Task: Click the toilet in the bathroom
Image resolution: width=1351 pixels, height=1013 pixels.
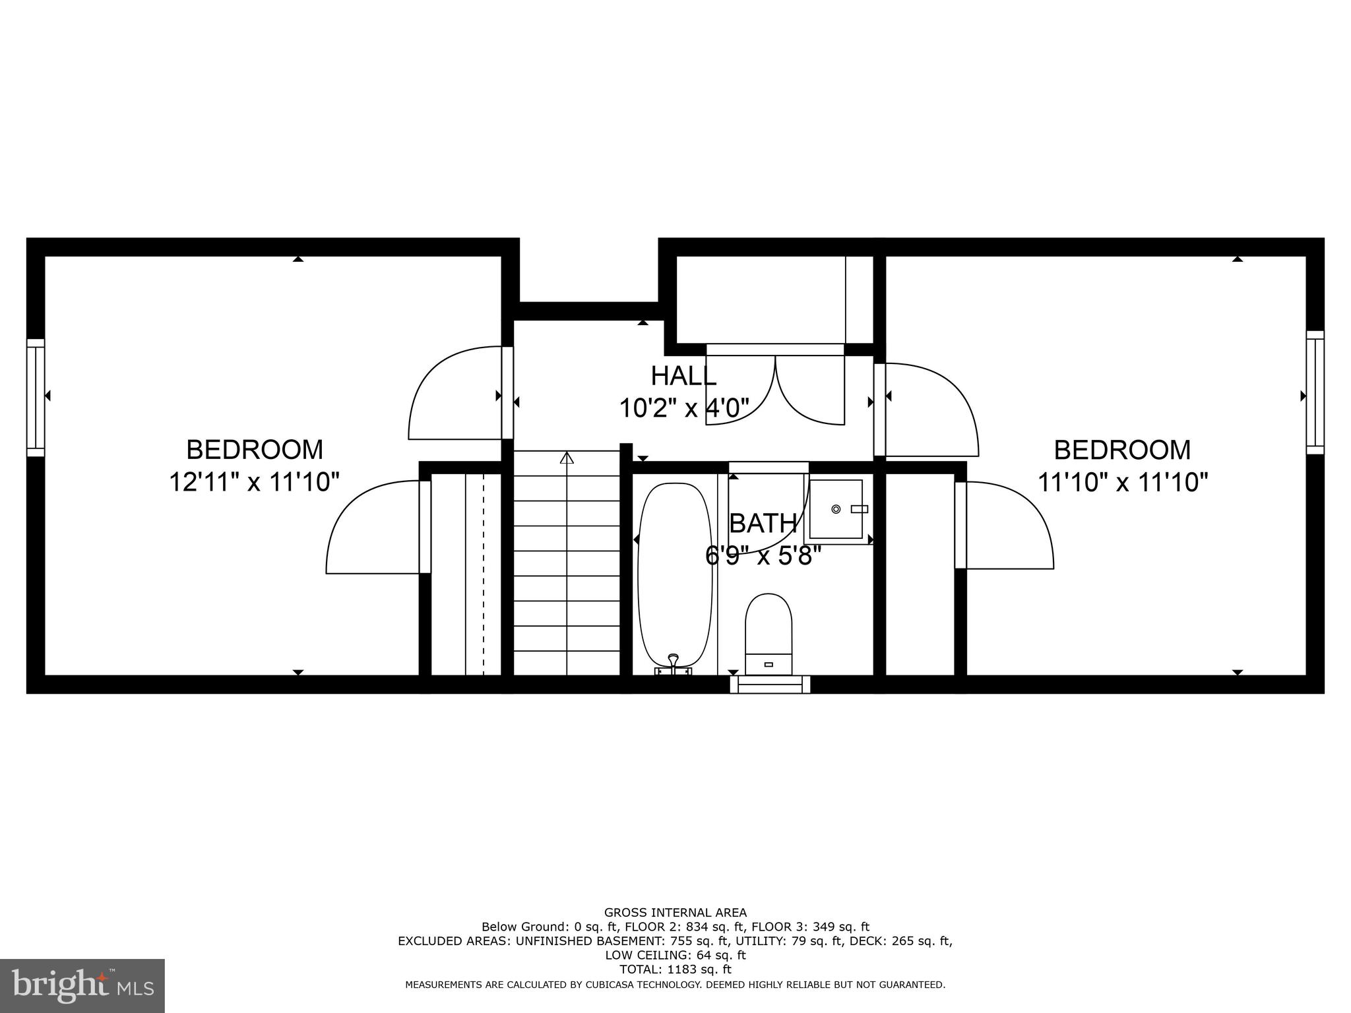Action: pos(768,633)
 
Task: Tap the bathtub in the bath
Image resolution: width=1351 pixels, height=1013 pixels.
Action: pos(675,574)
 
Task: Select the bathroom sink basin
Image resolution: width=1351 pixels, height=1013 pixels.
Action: pos(836,509)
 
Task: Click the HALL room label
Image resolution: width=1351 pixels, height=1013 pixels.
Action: pos(683,376)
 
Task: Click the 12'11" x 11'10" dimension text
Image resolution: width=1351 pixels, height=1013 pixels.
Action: pos(254,482)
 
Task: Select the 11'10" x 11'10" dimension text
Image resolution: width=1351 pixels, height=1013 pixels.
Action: pos(1123,482)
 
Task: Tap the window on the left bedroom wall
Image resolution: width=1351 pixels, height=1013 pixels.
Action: pos(36,397)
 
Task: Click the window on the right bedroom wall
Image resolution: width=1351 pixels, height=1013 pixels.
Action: pos(1315,392)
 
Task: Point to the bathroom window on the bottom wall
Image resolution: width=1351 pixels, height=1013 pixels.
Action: pos(770,684)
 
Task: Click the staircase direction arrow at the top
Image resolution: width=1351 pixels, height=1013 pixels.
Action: pos(567,457)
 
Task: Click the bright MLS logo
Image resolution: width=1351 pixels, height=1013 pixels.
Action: pos(82,985)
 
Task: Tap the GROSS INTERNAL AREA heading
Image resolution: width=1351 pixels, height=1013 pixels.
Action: pos(675,913)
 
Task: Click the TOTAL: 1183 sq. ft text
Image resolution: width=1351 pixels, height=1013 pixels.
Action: pos(675,969)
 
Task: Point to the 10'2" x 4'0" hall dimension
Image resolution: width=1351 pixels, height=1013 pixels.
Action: pos(683,409)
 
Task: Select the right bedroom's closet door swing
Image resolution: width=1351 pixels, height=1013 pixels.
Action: pos(1006,525)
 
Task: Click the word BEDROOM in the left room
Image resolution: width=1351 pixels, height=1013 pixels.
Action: pos(255,450)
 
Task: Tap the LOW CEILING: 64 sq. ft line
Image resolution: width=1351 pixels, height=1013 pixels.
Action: pos(675,955)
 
